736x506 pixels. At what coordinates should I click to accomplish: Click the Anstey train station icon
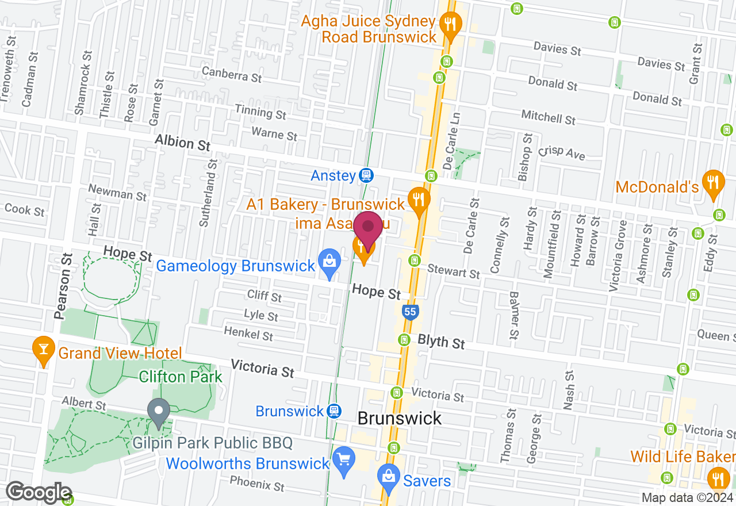coord(365,175)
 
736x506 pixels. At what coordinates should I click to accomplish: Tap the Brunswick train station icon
coord(333,411)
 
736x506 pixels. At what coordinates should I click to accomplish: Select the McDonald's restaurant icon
coord(714,183)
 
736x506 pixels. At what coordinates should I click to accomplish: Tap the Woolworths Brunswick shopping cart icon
coord(344,460)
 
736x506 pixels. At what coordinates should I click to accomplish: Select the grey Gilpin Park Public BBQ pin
coord(159,412)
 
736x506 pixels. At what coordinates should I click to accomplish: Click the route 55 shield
coord(409,312)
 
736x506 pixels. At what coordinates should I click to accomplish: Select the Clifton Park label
coord(181,377)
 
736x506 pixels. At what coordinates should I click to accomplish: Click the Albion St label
coord(183,143)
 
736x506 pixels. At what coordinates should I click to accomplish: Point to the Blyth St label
coord(441,342)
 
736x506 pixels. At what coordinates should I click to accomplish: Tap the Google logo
coord(39,493)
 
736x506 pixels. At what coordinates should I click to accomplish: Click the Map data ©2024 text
coord(687,498)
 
